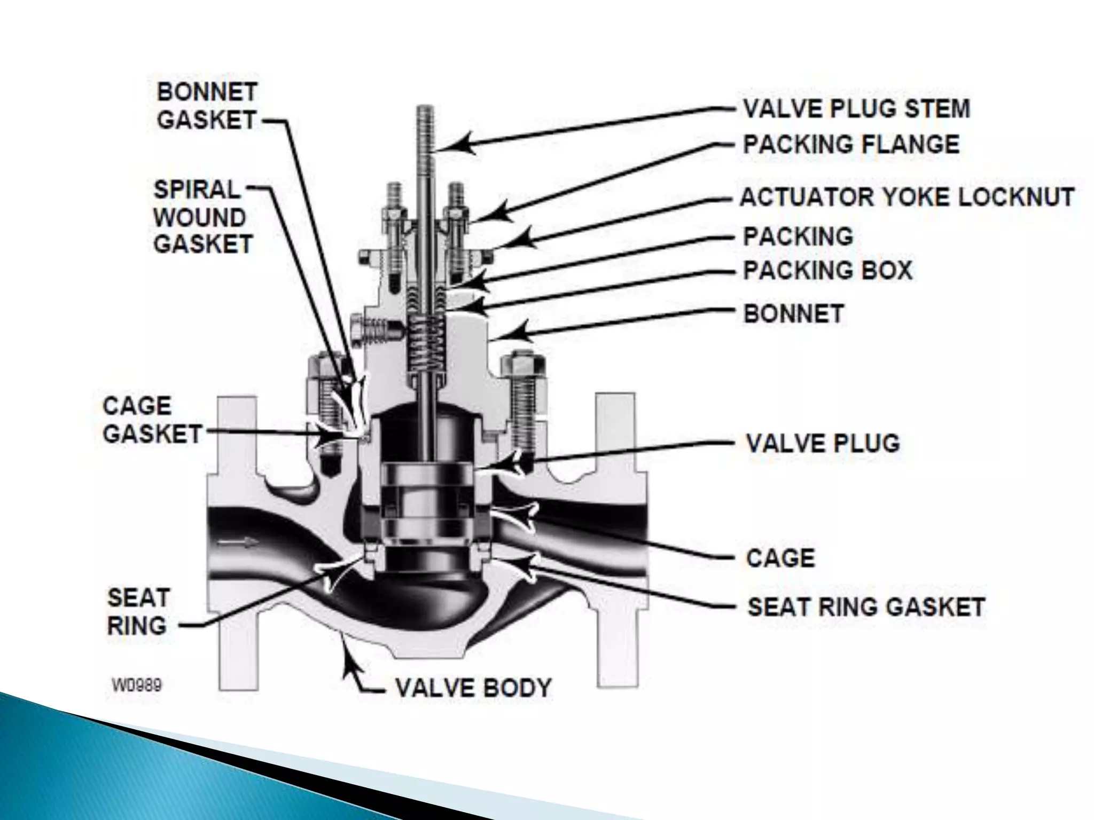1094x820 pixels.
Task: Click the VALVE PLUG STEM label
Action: (x=856, y=109)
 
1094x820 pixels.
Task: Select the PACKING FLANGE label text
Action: (x=851, y=145)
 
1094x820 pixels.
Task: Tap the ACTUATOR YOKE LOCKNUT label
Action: (x=907, y=197)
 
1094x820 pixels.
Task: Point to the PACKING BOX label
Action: (x=827, y=270)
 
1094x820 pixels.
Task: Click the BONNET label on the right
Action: (x=794, y=314)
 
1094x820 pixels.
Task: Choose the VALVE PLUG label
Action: (x=823, y=443)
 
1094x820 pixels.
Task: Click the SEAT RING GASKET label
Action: (x=866, y=607)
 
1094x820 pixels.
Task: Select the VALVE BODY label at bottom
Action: (x=473, y=688)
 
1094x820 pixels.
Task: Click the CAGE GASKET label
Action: (x=152, y=420)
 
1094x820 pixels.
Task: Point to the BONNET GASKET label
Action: (x=207, y=106)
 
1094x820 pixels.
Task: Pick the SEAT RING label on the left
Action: (x=138, y=612)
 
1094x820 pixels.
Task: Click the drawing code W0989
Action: (x=137, y=685)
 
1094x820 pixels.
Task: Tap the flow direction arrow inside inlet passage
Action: (x=239, y=543)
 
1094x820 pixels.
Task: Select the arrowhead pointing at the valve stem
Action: (x=459, y=144)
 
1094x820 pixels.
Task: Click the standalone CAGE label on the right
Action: (x=780, y=558)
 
